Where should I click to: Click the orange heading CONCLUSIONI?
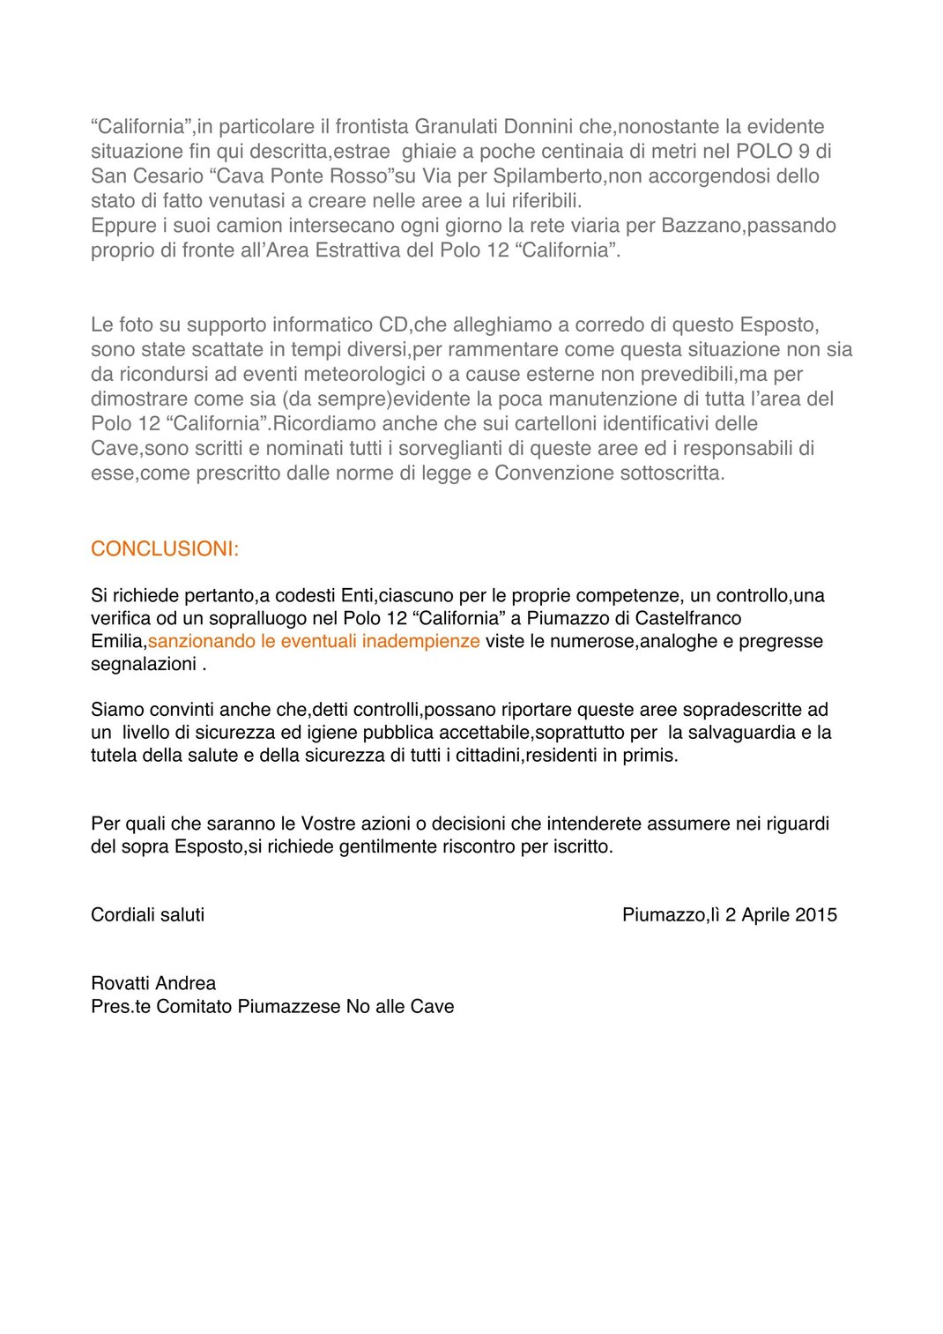165,549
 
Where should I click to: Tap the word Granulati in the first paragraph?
457,127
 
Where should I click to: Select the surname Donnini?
538,127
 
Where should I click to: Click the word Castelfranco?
688,618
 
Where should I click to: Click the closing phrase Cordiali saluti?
147,915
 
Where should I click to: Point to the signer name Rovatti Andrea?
153,984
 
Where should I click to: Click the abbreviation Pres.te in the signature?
121,1007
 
